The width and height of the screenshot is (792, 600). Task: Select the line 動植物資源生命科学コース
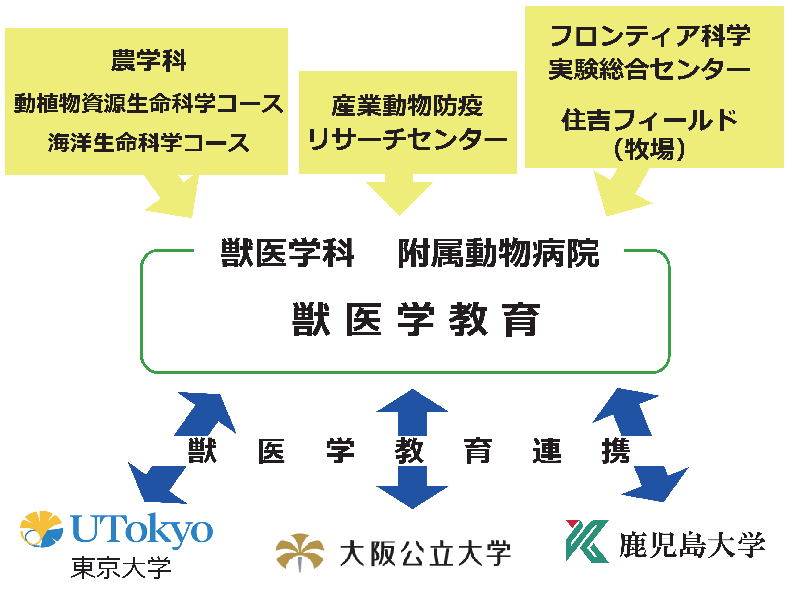tap(148, 103)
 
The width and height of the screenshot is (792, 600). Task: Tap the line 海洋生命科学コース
tap(148, 142)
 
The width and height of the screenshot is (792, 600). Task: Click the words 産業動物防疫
tap(407, 106)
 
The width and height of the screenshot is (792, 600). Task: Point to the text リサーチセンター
tap(407, 140)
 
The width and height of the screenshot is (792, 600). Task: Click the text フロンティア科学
tap(649, 36)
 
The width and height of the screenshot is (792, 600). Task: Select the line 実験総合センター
tap(649, 69)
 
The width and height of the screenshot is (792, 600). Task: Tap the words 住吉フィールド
tap(649, 120)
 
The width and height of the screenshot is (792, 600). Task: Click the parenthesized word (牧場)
tap(649, 149)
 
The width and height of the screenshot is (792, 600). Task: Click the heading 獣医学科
tap(287, 253)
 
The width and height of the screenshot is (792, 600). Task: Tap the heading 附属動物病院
tap(498, 253)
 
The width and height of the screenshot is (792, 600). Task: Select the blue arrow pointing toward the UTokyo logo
tap(158, 483)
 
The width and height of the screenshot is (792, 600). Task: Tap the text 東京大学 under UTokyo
tap(121, 568)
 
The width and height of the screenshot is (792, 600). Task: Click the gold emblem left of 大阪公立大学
tap(300, 552)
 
